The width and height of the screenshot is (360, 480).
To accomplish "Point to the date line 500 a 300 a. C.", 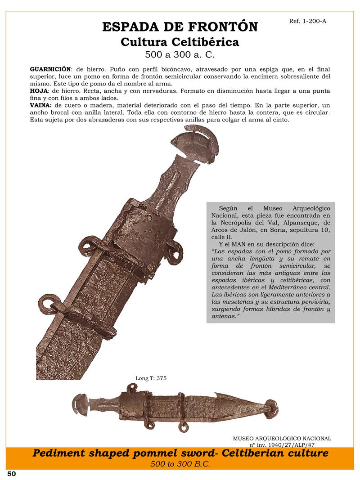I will coord(180,56).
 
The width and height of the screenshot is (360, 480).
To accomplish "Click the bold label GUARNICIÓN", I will coord(50,69).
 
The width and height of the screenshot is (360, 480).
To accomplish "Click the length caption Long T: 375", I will coord(151,378).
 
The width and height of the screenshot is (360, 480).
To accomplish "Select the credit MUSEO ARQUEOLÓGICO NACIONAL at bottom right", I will coord(282,438).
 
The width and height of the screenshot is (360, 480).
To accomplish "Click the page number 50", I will coord(12,474).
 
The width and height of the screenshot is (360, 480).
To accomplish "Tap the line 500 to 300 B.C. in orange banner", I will coord(180,464).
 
